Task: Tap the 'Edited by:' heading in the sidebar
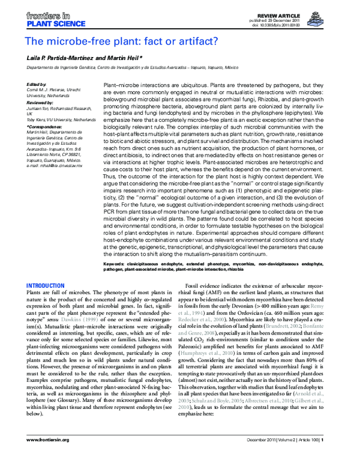point(37,85)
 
